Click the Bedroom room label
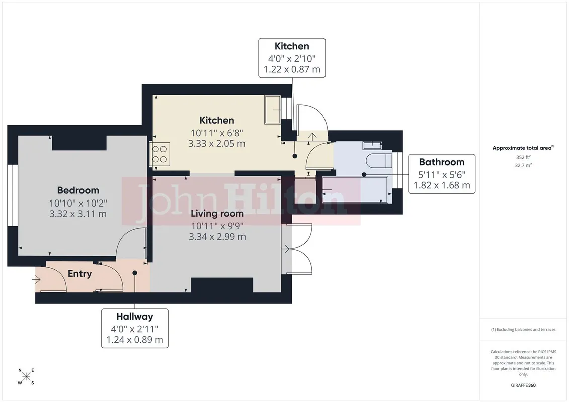[78, 190]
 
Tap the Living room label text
[217, 214]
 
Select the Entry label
[80, 274]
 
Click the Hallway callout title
[135, 317]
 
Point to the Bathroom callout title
[442, 162]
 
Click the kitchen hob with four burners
[159, 154]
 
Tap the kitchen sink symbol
[273, 110]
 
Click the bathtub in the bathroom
[355, 190]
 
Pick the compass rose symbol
[26, 377]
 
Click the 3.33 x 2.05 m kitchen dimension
[217, 144]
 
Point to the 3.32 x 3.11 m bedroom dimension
[78, 214]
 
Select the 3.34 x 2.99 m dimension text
[217, 237]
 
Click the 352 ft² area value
[523, 157]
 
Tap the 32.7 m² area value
[523, 165]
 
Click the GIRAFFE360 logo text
[523, 385]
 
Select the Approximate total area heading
[523, 148]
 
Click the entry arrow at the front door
[36, 279]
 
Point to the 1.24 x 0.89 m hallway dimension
[135, 340]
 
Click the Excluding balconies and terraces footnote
[523, 330]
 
